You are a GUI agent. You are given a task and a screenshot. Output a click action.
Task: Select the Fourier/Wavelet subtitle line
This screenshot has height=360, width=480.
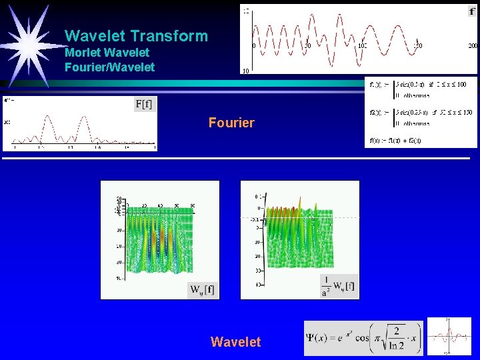pyautogui.click(x=109, y=67)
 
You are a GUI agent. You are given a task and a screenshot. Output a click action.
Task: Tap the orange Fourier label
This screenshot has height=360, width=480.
pyautogui.click(x=231, y=123)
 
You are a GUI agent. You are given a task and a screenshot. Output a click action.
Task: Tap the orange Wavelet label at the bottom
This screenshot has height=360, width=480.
pyautogui.click(x=235, y=342)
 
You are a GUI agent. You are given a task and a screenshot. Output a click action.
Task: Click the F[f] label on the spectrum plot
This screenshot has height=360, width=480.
pyautogui.click(x=145, y=104)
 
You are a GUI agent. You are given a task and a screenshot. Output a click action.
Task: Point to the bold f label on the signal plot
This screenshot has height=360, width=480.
pyautogui.click(x=472, y=11)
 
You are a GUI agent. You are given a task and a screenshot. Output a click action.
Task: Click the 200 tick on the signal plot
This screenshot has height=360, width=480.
pyautogui.click(x=473, y=46)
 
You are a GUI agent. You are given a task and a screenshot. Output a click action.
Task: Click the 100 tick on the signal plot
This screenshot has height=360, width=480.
pyautogui.click(x=362, y=46)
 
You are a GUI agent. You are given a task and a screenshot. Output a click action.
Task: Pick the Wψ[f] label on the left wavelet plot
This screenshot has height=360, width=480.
pyautogui.click(x=202, y=289)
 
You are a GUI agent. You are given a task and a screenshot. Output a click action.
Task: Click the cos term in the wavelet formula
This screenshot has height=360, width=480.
pyautogui.click(x=364, y=339)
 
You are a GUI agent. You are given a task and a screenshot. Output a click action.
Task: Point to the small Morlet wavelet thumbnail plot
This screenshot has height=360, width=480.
pyautogui.click(x=449, y=337)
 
